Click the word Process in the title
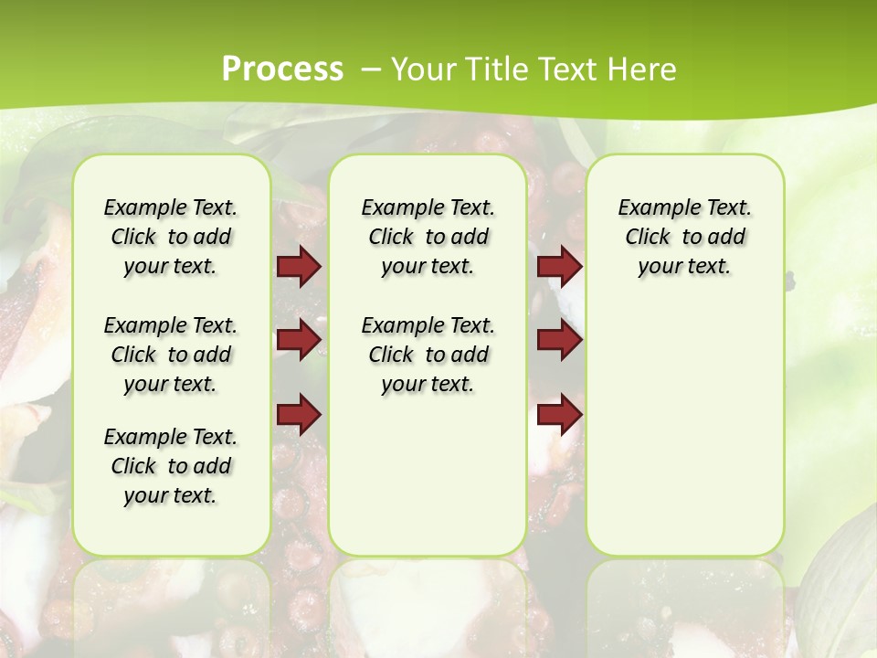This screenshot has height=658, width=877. [x=282, y=69]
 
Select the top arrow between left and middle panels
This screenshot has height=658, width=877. [x=299, y=266]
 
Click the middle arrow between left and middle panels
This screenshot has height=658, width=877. [x=299, y=340]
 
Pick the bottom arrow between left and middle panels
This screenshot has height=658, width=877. [x=299, y=414]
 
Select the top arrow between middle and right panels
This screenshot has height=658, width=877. [x=559, y=266]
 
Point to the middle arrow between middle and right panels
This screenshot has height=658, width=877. [x=559, y=340]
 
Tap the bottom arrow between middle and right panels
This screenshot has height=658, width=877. [x=559, y=414]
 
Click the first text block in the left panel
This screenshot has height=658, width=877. [x=171, y=237]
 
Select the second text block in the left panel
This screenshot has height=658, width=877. [x=171, y=355]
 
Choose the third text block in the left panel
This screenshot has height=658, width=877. [x=171, y=466]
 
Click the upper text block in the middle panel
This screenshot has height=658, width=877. [x=428, y=237]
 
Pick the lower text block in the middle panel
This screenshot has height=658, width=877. [x=428, y=355]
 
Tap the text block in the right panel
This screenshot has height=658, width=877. [x=685, y=237]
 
